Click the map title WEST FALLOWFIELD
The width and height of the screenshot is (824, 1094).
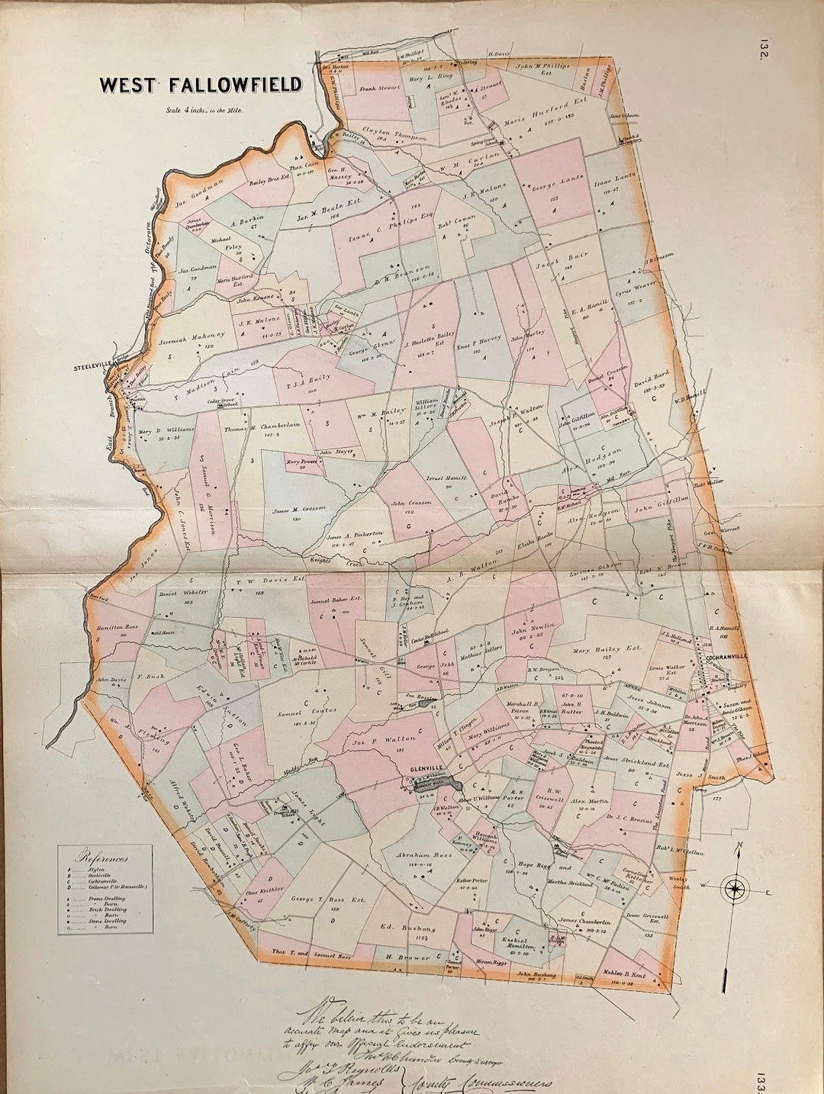pyautogui.click(x=201, y=85)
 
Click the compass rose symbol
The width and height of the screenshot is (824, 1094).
pyautogui.click(x=735, y=888)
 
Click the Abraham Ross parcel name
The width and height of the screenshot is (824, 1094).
pyautogui.click(x=420, y=855)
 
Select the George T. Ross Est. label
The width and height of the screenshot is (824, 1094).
pyautogui.click(x=328, y=900)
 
